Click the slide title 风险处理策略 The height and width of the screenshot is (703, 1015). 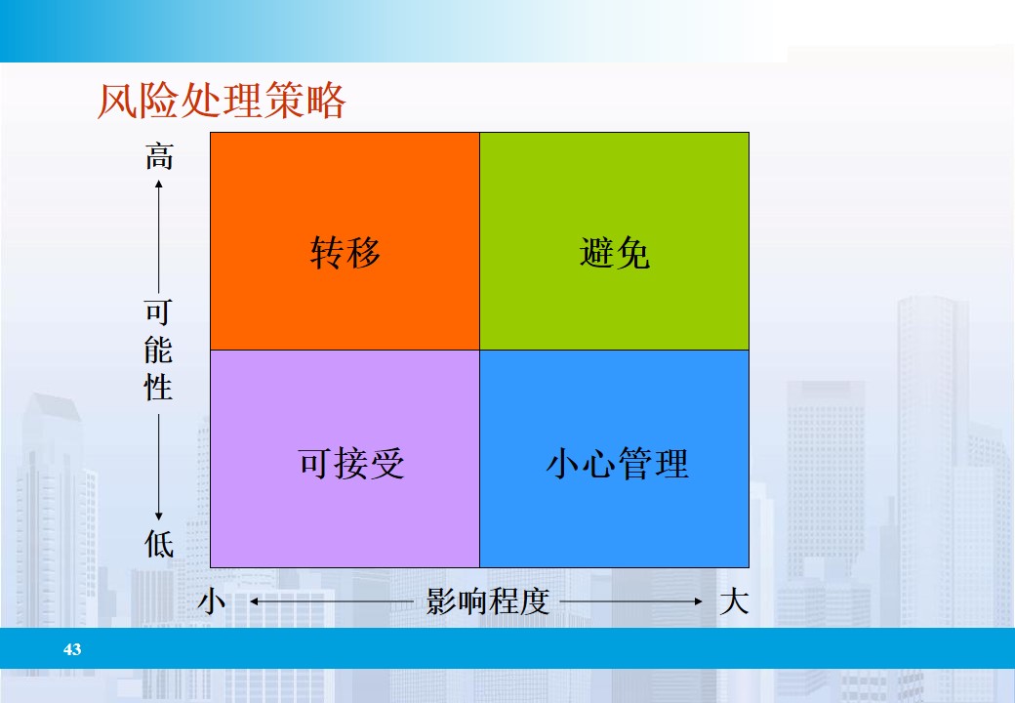click(222, 102)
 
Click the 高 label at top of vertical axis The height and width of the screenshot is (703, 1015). click(159, 155)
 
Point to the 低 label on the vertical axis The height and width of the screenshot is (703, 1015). click(159, 542)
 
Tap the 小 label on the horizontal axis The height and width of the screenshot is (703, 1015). click(212, 601)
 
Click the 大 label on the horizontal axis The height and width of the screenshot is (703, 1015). click(733, 601)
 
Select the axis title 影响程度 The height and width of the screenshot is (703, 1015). click(488, 601)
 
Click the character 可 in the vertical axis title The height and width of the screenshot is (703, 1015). click(159, 312)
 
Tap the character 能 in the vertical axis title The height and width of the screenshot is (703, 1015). click(159, 350)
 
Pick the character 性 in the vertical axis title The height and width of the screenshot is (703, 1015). click(159, 387)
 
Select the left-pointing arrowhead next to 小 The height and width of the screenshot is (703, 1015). click(253, 602)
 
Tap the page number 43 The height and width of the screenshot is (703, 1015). click(72, 649)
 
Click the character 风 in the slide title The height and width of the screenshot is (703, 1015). click(115, 102)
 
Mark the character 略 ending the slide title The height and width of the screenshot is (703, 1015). click(327, 102)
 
